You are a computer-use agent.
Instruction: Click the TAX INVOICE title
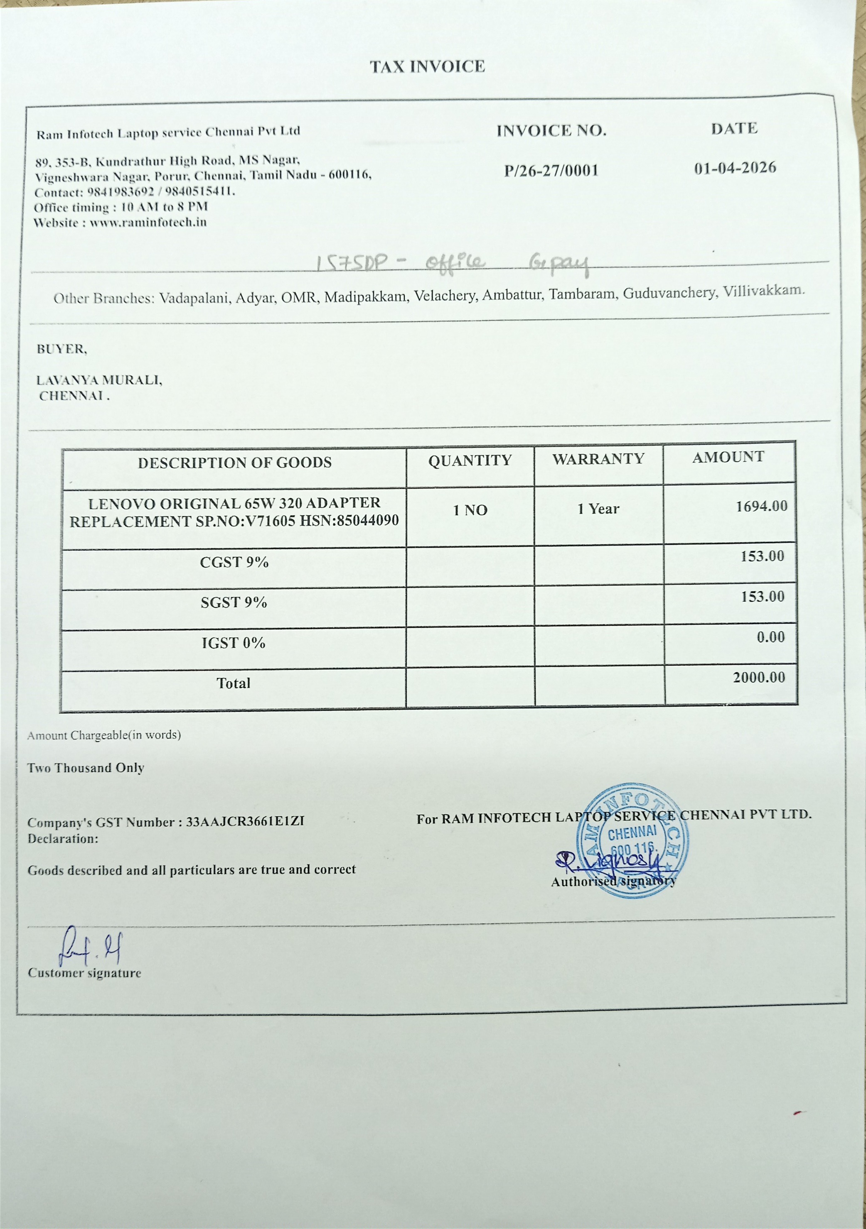coord(427,67)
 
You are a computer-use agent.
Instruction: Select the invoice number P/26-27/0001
coord(551,171)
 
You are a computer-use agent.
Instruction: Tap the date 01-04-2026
coord(735,168)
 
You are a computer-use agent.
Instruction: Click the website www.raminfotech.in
coord(148,223)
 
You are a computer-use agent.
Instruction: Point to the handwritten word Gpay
coord(558,263)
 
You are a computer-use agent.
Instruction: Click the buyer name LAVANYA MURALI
coord(99,380)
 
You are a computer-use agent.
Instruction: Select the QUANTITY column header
coord(470,460)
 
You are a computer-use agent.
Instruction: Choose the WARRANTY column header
coord(598,459)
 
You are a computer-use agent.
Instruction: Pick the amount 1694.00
coord(761,506)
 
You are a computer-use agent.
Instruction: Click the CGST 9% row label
coord(234,562)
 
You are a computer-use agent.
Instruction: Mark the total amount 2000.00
coord(759,677)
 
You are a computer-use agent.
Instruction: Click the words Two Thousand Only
coord(86,768)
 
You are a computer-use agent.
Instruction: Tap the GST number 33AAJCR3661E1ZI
coord(245,821)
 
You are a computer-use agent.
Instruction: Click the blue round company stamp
coord(632,839)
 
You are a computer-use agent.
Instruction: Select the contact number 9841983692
coord(121,192)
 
